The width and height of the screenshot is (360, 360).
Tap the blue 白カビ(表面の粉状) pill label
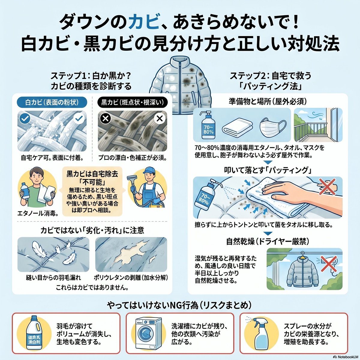point(52,102)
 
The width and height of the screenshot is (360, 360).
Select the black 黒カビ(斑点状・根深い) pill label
point(133,102)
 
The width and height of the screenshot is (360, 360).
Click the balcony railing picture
point(318,125)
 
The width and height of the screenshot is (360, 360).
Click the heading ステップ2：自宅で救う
point(271,76)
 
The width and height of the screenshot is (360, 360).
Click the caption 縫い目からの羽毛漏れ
point(53,277)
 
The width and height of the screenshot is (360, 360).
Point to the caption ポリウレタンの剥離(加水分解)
point(131,277)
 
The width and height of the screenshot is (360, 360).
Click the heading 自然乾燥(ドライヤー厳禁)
point(268,241)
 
